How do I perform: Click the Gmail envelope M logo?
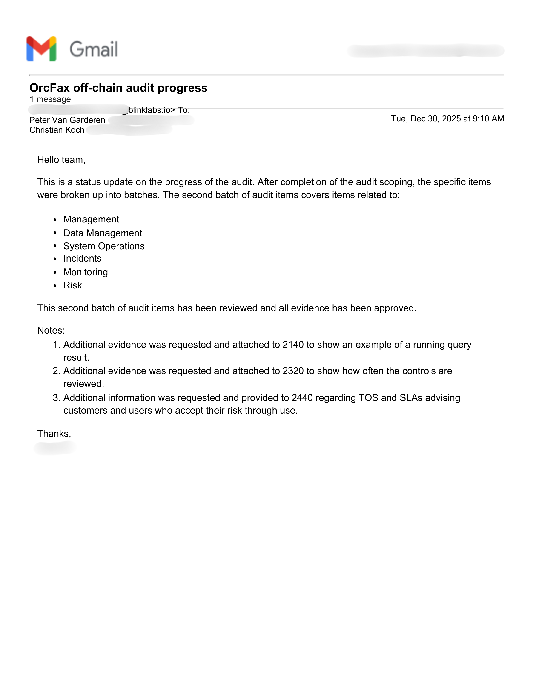(41, 49)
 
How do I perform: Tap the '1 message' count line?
(50, 99)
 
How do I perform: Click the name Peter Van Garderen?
(67, 120)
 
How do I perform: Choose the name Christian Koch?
(57, 130)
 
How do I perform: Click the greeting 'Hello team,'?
(61, 160)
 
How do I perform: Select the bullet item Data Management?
(103, 233)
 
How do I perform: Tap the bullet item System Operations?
(104, 246)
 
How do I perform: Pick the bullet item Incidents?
(82, 259)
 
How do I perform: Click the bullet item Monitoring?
(86, 272)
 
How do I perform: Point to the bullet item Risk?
(73, 285)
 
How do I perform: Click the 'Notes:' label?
(51, 331)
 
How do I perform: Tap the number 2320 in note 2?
(293, 371)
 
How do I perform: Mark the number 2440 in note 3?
(302, 398)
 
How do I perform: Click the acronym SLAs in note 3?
(411, 398)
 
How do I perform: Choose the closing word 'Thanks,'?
(54, 434)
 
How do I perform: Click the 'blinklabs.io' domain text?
(149, 110)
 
